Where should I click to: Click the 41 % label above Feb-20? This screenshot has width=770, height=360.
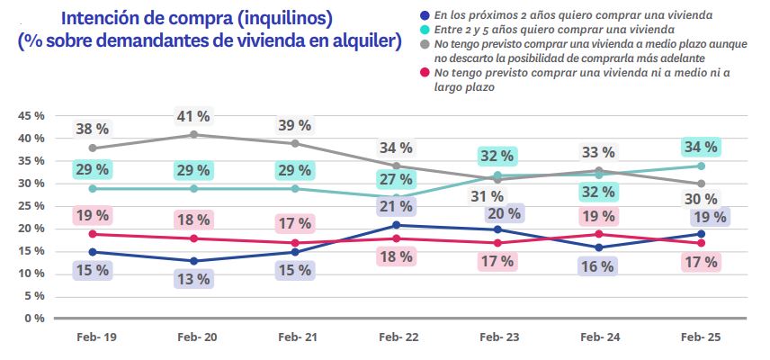click(194, 116)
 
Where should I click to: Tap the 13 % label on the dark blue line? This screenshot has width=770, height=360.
click(194, 278)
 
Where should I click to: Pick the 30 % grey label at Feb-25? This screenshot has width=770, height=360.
click(700, 200)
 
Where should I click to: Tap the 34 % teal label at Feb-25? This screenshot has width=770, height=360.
click(700, 147)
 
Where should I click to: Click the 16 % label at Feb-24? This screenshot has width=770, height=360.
click(598, 266)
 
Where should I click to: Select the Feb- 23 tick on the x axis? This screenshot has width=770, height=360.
click(498, 336)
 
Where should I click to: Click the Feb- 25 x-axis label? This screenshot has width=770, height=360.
click(700, 336)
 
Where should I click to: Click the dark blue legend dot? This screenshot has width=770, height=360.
click(423, 15)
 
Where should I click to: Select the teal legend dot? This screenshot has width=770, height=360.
click(423, 29)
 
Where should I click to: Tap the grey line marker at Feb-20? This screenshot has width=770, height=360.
click(194, 135)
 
